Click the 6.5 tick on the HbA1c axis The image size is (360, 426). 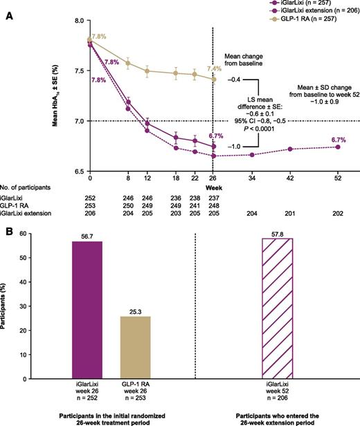tap(42, 172)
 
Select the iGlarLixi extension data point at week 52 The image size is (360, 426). tap(337, 147)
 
